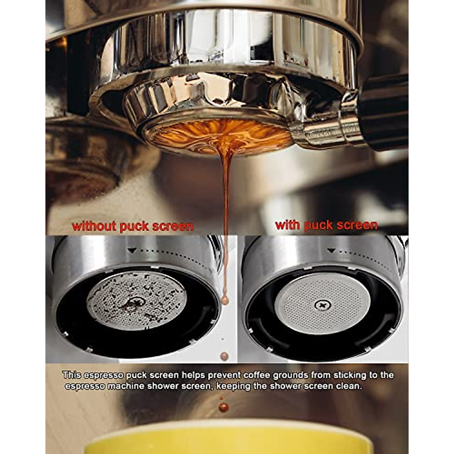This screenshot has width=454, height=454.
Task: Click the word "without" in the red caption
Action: tap(94, 226)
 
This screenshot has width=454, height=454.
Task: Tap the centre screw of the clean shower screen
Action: tap(322, 304)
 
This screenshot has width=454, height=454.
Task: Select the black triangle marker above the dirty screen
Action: tap(132, 250)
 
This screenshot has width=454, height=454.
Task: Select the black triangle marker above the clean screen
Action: tap(331, 250)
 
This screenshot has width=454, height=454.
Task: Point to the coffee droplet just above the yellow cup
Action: tap(224, 407)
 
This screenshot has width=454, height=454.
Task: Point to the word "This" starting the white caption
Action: tap(72, 375)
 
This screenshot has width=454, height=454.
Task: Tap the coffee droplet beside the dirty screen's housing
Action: tap(225, 301)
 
